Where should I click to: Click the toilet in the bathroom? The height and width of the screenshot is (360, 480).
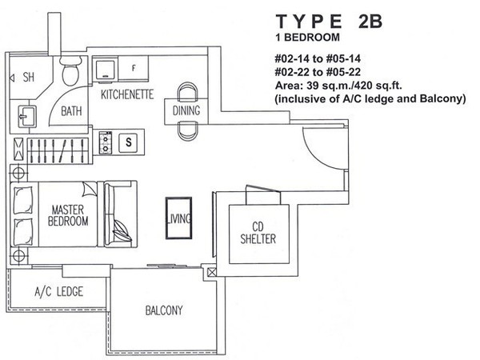click(x=70, y=70)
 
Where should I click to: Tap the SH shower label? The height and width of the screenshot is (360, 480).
click(x=29, y=77)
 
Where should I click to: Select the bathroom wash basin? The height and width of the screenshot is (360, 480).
click(x=27, y=116)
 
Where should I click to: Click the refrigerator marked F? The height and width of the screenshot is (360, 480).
click(x=134, y=68)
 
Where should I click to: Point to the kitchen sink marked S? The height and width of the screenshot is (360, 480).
click(x=129, y=142)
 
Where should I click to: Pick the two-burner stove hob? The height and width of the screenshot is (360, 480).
click(x=106, y=142)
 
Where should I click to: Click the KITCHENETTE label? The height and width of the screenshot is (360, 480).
click(x=127, y=94)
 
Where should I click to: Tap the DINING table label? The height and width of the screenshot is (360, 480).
click(x=186, y=110)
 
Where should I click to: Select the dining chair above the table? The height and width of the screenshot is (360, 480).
click(x=187, y=91)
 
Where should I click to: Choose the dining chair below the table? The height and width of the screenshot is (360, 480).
click(x=188, y=131)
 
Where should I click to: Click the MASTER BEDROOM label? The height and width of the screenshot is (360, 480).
click(x=68, y=215)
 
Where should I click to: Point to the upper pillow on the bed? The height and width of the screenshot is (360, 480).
click(x=23, y=200)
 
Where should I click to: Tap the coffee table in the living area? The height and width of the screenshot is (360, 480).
click(x=179, y=218)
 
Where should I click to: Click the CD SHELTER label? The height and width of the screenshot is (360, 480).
click(x=258, y=233)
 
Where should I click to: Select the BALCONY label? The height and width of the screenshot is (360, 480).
click(x=164, y=310)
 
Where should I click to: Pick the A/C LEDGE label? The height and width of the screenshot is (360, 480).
click(x=58, y=292)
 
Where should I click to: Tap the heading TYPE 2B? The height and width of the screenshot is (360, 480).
click(x=330, y=22)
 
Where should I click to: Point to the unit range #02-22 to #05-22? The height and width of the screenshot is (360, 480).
click(x=318, y=72)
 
